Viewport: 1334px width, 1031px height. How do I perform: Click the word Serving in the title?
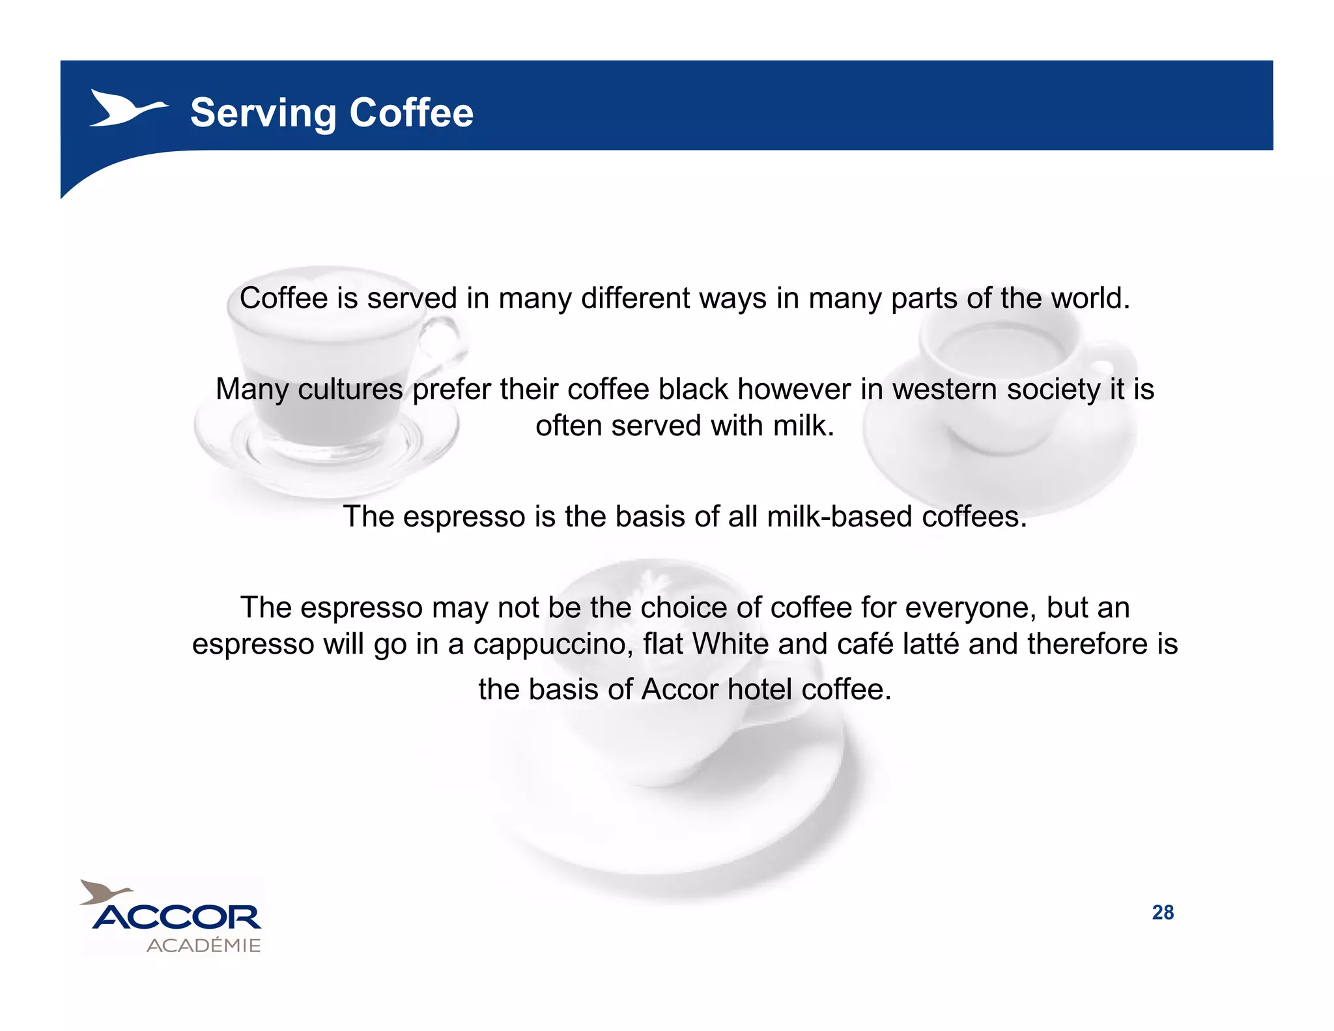coord(263,113)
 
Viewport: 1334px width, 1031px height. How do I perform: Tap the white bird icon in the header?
coord(127,108)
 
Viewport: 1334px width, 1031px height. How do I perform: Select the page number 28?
coord(1163,912)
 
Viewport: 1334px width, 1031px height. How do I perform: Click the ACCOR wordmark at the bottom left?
coord(177,918)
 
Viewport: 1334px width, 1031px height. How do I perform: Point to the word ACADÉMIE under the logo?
coord(203,946)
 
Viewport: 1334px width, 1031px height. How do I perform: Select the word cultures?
coord(350,390)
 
